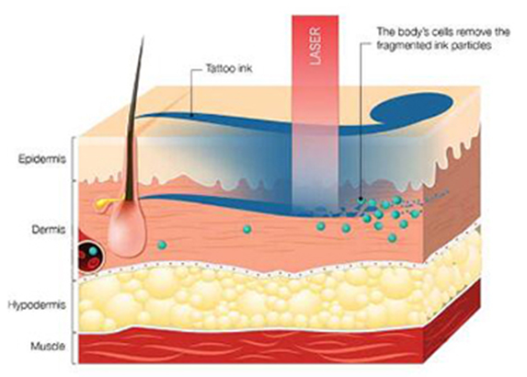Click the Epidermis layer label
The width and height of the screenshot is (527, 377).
tap(41, 159)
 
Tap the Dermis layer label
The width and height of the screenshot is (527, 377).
tap(49, 230)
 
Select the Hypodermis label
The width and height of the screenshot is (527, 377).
tap(37, 305)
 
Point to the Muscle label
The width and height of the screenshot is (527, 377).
tap(48, 346)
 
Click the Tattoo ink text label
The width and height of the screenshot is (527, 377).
tap(229, 69)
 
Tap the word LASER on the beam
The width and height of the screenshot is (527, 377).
tap(315, 46)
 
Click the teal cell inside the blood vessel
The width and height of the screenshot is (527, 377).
tap(93, 251)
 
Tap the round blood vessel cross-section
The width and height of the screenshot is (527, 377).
tap(90, 256)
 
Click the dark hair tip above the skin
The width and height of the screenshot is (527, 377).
tap(143, 36)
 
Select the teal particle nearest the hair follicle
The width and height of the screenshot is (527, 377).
tap(162, 245)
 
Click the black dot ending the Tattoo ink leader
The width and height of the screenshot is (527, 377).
tap(191, 115)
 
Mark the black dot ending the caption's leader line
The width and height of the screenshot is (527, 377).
tap(361, 199)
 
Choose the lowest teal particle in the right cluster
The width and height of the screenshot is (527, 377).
tap(392, 238)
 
